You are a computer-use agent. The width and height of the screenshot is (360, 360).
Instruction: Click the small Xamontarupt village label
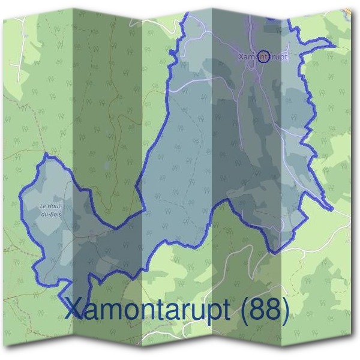263,57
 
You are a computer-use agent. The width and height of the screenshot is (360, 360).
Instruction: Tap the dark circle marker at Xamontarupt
263,56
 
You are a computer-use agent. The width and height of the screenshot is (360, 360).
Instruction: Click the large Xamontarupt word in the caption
141,310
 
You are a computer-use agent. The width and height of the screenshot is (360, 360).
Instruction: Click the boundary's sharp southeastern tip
331,210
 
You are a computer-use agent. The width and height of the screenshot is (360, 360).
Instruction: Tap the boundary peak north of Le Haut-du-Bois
46,155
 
